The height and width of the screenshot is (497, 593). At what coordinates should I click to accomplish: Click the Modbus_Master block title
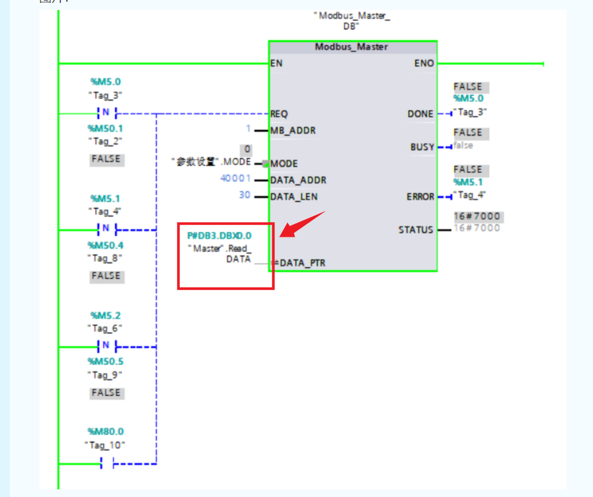pos(352,47)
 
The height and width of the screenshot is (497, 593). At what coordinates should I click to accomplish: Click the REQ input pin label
pos(279,114)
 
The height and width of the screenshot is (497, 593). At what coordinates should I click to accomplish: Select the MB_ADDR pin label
pos(292,130)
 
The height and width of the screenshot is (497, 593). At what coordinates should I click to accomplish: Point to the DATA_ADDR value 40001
pos(236,179)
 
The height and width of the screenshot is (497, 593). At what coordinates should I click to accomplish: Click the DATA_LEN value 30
pos(244,195)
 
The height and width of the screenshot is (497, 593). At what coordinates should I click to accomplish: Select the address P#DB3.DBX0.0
pos(219,236)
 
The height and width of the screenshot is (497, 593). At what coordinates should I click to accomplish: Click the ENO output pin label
pos(424,63)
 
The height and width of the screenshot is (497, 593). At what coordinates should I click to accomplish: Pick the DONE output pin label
pos(420,114)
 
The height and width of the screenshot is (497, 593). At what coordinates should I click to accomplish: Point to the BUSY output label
pos(422,147)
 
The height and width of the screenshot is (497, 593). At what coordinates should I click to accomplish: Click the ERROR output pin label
pos(420,196)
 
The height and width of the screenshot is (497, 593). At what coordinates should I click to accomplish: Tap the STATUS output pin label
pos(415,230)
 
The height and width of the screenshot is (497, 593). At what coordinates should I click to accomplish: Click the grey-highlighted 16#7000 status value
pos(477,216)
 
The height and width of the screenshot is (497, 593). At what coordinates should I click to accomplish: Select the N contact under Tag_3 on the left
pos(106,113)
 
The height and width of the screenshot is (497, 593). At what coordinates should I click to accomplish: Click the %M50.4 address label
pos(105,245)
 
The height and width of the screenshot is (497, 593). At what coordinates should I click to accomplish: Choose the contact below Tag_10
pos(106,464)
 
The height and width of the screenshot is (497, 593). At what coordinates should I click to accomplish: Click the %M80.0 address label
pos(105,432)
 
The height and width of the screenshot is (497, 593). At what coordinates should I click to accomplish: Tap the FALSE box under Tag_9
pos(105,393)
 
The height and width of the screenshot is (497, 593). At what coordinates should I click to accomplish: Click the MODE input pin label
pos(284,164)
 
